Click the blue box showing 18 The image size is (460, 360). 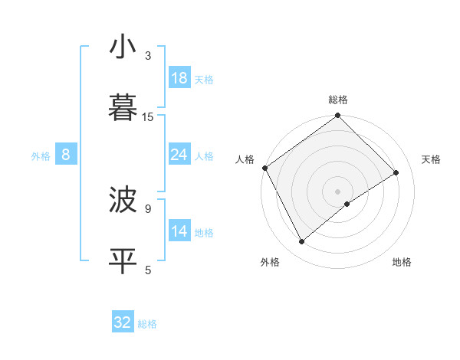pos(179,78)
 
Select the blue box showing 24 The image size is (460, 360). pos(179,155)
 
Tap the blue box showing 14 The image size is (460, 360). pos(179,232)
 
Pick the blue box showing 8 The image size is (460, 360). pos(66,155)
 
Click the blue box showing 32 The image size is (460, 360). pos(123,322)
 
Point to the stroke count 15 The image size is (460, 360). pos(148,116)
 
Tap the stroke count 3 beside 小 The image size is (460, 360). pos(148,56)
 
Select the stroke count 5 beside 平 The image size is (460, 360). pos(148,270)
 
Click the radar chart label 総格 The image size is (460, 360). pos(338,100)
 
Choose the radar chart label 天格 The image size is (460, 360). pos(431,159)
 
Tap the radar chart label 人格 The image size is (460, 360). pos(245,159)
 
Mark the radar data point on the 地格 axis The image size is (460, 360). pos(347,204)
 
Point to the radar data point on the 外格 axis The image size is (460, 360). pos(302,242)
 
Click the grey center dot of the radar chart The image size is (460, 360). pos(337,191)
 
